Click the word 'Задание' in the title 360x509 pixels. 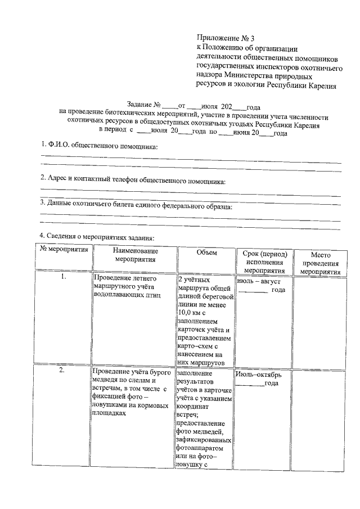tap(144, 105)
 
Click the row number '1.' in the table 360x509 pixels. tap(64, 277)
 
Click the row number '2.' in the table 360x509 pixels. tap(64, 371)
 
